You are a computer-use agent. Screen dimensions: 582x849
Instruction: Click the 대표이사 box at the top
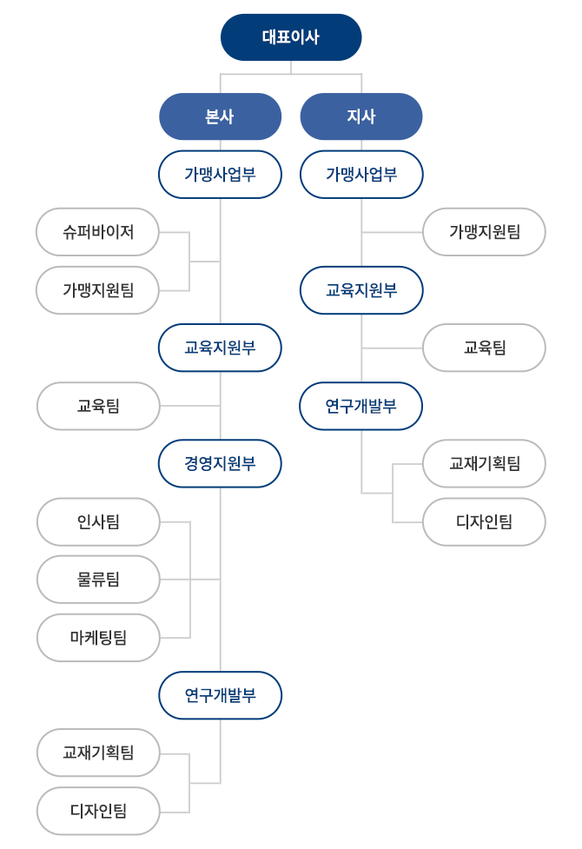[x=291, y=37]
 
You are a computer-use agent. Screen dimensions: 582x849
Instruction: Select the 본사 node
[x=221, y=116]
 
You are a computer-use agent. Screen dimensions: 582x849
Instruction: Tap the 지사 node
[x=361, y=116]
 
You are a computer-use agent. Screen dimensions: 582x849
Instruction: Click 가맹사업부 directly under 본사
[x=221, y=175]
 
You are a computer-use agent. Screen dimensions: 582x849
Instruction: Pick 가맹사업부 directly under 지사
[x=361, y=175]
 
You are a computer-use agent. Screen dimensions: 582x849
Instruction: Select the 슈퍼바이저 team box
[x=97, y=232]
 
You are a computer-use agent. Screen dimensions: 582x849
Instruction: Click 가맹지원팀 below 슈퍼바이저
[x=97, y=290]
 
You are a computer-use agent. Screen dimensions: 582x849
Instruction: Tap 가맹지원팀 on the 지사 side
[x=484, y=232]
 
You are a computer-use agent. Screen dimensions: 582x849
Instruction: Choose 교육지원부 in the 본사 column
[x=221, y=348]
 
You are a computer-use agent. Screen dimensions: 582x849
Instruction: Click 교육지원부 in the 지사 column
[x=361, y=290]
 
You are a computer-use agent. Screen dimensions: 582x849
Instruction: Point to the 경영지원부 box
[x=221, y=463]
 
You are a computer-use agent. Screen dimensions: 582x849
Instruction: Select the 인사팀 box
[x=98, y=522]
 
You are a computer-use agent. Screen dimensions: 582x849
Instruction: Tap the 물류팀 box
[x=98, y=580]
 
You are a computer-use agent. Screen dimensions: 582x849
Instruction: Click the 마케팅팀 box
[x=98, y=638]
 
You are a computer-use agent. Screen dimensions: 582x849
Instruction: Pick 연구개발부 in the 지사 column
[x=361, y=406]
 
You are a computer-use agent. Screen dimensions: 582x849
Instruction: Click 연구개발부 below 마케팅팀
[x=221, y=695]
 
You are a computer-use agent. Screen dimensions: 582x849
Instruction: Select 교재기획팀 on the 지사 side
[x=484, y=463]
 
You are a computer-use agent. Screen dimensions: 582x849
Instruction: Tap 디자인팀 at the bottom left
[x=98, y=811]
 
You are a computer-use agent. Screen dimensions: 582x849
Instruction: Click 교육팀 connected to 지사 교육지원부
[x=484, y=348]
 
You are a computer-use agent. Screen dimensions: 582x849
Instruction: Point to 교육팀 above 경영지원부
[x=98, y=406]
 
